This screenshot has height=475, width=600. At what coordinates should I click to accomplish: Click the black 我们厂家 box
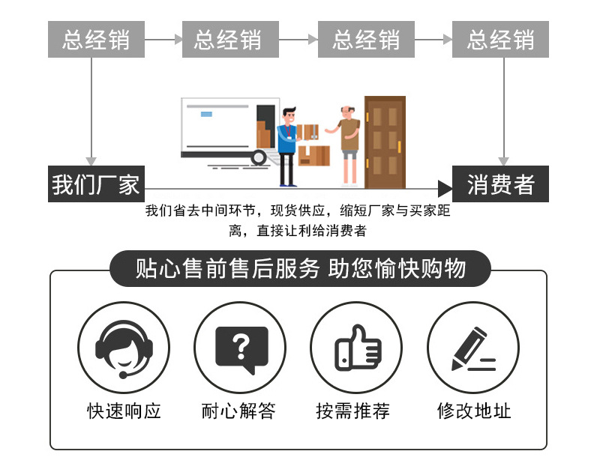click(x=94, y=184)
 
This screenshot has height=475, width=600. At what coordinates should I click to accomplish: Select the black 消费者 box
click(x=500, y=184)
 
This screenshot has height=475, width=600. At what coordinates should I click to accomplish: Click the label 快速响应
click(x=124, y=411)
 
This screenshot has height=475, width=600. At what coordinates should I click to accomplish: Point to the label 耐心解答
click(x=239, y=411)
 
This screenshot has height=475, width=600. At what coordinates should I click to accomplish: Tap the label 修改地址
click(x=473, y=411)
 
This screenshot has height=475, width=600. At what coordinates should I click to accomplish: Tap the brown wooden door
click(x=384, y=142)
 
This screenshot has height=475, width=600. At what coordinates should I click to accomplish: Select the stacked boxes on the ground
click(x=314, y=154)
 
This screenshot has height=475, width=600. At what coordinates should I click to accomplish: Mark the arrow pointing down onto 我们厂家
click(x=91, y=160)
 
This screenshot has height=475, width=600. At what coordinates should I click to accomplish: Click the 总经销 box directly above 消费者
click(x=500, y=40)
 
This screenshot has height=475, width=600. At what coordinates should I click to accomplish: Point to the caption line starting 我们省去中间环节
click(x=298, y=212)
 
